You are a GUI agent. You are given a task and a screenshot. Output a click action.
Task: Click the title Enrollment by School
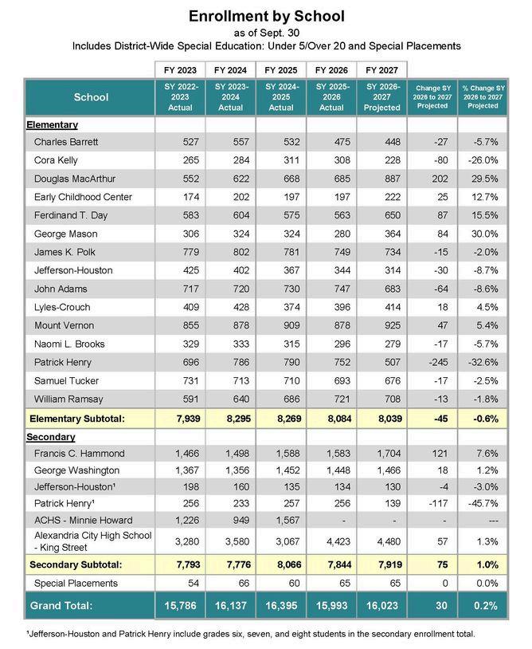click(266, 16)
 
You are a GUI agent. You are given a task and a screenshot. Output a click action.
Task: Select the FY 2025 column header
click(280, 69)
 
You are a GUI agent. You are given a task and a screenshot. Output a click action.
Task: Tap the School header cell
click(90, 97)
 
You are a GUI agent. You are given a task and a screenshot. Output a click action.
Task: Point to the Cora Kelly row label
click(56, 160)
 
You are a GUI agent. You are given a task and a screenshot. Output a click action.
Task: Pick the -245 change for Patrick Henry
click(432, 362)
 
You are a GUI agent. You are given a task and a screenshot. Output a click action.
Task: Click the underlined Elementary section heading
click(53, 124)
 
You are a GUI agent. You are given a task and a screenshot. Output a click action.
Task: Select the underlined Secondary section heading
click(51, 437)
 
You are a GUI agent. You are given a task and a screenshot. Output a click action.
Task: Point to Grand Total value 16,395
click(280, 605)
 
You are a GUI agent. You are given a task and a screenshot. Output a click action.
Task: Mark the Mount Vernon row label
click(64, 325)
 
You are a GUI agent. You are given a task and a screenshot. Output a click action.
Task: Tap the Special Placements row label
click(76, 583)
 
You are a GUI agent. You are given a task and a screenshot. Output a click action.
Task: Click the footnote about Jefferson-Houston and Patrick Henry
click(251, 634)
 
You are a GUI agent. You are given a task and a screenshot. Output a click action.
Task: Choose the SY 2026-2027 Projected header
click(381, 97)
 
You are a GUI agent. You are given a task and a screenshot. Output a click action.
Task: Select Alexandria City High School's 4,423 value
click(331, 542)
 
